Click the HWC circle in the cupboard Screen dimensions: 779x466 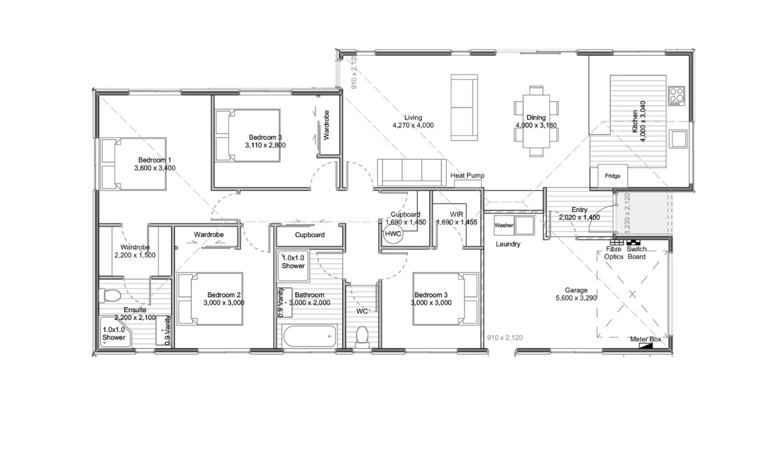[x=393, y=234]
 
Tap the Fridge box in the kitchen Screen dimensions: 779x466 [x=612, y=176]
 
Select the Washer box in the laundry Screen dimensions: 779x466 [x=504, y=225]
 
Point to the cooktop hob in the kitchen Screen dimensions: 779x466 [x=677, y=96]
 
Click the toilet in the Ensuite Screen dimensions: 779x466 [x=110, y=295]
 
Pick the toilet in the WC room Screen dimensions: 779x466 [x=362, y=336]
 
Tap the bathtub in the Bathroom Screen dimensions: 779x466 [x=310, y=336]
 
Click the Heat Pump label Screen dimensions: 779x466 [x=467, y=176]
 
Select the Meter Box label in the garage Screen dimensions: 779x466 [x=646, y=339]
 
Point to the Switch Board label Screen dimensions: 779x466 [x=636, y=253]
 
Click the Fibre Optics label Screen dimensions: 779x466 [x=613, y=253]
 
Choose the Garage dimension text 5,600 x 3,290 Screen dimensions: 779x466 [x=576, y=298]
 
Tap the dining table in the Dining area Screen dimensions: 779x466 [x=536, y=121]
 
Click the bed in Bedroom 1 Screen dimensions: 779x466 [x=133, y=164]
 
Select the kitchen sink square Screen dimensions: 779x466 [x=678, y=138]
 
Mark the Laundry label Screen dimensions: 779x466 [x=508, y=244]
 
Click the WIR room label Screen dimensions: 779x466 [x=456, y=214]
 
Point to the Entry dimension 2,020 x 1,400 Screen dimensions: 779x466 [x=579, y=218]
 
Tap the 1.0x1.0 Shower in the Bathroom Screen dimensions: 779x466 [x=293, y=266]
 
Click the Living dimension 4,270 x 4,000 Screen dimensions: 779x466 [x=413, y=125]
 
